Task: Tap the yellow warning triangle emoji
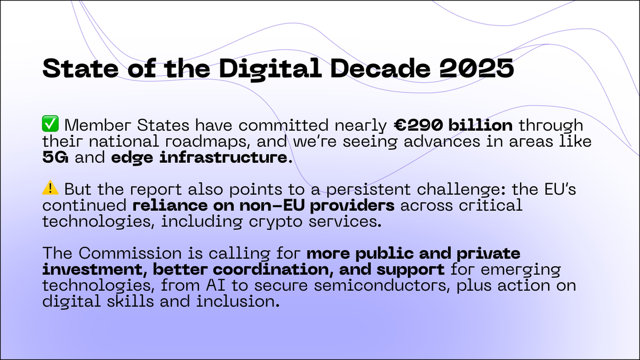[x=51, y=189]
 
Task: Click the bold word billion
[x=485, y=127]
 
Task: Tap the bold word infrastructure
[x=243, y=158]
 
